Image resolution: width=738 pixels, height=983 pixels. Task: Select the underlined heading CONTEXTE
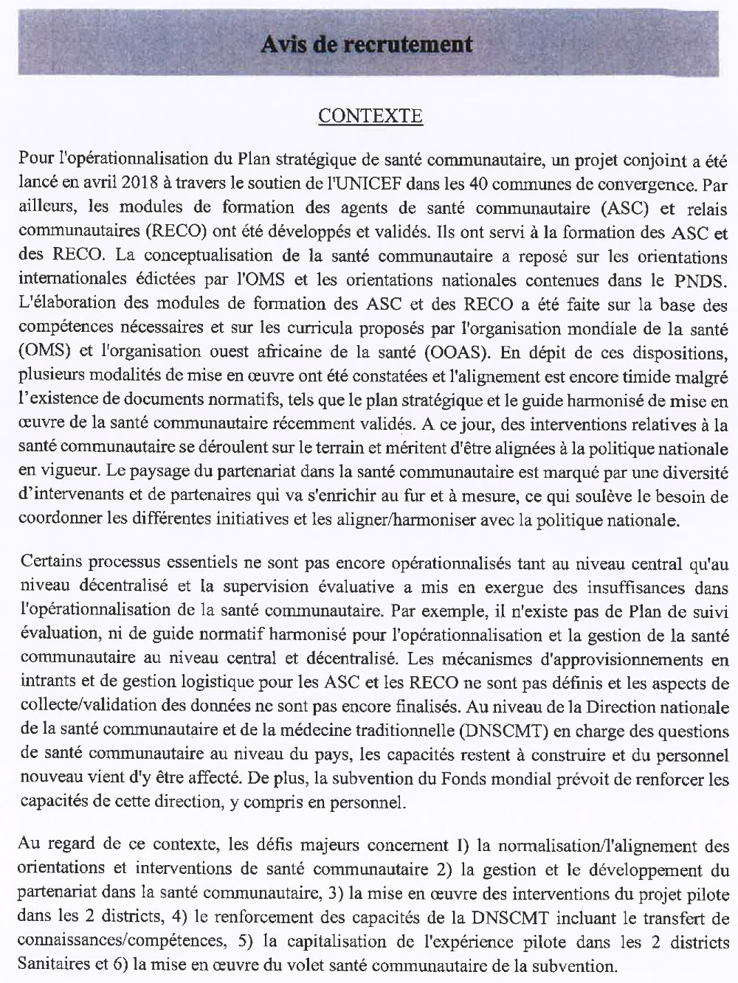click(x=370, y=116)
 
